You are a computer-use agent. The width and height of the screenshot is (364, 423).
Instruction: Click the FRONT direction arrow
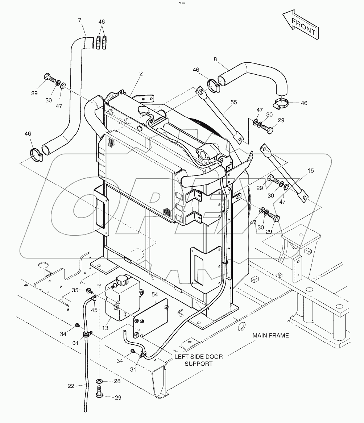301,25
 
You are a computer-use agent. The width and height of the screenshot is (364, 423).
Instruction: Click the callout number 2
141,74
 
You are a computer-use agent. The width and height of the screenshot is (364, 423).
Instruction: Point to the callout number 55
234,103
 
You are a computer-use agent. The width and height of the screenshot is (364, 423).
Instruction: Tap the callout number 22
71,386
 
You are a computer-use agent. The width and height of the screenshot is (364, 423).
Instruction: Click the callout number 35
74,290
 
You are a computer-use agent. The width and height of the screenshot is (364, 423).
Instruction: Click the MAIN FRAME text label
271,336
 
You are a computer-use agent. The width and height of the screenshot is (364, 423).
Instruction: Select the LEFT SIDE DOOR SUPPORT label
198,360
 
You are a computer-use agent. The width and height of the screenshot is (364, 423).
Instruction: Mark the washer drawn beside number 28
99,381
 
